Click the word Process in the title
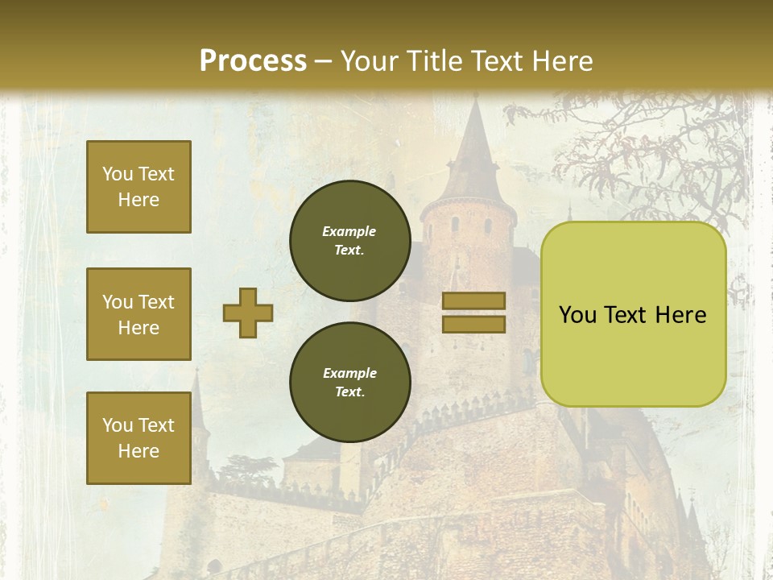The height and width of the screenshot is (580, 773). tap(253, 61)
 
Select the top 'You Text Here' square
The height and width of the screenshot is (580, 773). tap(138, 187)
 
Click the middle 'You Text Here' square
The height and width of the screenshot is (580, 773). tap(138, 314)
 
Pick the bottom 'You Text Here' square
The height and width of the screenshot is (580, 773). tap(138, 438)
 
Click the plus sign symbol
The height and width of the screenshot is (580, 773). tap(248, 313)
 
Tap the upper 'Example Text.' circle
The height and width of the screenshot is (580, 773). tap(349, 241)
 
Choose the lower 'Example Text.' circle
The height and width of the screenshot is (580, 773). tap(349, 383)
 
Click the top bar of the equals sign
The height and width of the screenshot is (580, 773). tap(473, 300)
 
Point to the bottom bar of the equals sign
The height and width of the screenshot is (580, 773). tap(473, 324)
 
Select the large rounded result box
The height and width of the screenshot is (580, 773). tap(633, 314)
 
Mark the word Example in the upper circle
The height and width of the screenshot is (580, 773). tap(349, 232)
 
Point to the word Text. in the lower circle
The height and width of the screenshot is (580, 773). tap(349, 392)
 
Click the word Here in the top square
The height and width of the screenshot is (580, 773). tap(138, 200)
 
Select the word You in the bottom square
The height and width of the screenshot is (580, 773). tap(118, 425)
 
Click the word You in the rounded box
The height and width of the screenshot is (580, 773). tap(577, 315)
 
